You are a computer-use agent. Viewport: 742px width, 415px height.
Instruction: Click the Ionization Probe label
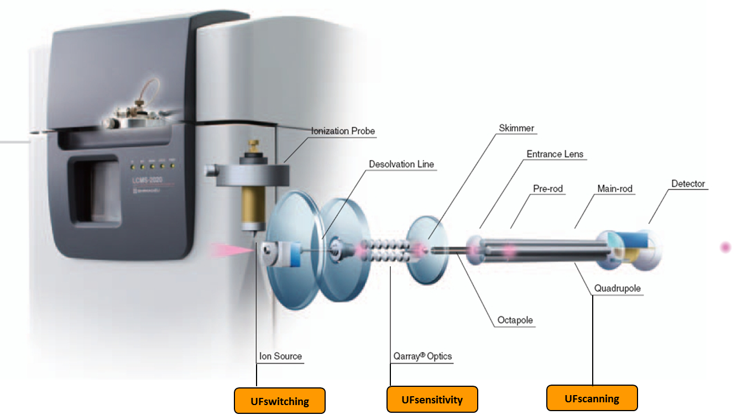(343, 131)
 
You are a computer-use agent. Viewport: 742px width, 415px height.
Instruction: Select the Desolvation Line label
(401, 164)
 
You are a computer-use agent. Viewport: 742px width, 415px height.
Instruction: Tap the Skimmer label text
(516, 128)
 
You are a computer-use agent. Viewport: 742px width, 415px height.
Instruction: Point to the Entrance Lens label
(555, 154)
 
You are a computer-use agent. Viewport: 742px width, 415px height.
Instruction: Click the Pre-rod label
(547, 188)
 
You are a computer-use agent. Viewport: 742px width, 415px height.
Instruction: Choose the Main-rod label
(615, 188)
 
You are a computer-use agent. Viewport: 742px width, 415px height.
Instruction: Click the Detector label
(688, 183)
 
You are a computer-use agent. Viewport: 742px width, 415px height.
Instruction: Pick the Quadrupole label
(618, 288)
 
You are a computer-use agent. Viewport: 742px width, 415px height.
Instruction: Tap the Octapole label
(515, 320)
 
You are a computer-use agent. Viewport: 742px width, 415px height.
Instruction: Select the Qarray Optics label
(422, 356)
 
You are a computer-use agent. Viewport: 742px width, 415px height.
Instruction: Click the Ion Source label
(280, 356)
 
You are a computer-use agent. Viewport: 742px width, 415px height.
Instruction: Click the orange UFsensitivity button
(432, 400)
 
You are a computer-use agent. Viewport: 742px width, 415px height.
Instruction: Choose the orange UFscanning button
(592, 398)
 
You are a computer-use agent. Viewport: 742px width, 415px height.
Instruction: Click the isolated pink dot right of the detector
(725, 248)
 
